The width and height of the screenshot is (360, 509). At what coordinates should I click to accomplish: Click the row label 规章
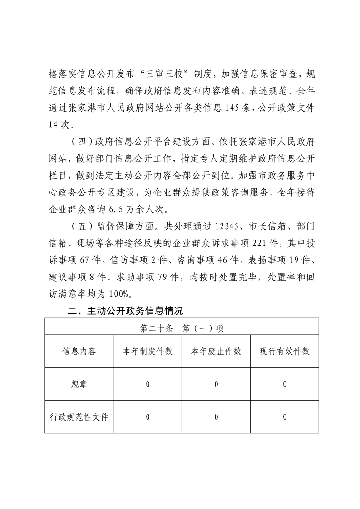[79, 384]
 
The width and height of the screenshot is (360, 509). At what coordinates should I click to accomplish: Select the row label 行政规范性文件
[79, 416]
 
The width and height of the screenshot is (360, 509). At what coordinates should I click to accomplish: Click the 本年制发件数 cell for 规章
[148, 384]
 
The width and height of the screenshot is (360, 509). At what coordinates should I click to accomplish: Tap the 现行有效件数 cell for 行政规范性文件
[285, 417]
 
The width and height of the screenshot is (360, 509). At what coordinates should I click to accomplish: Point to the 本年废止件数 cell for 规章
[216, 384]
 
